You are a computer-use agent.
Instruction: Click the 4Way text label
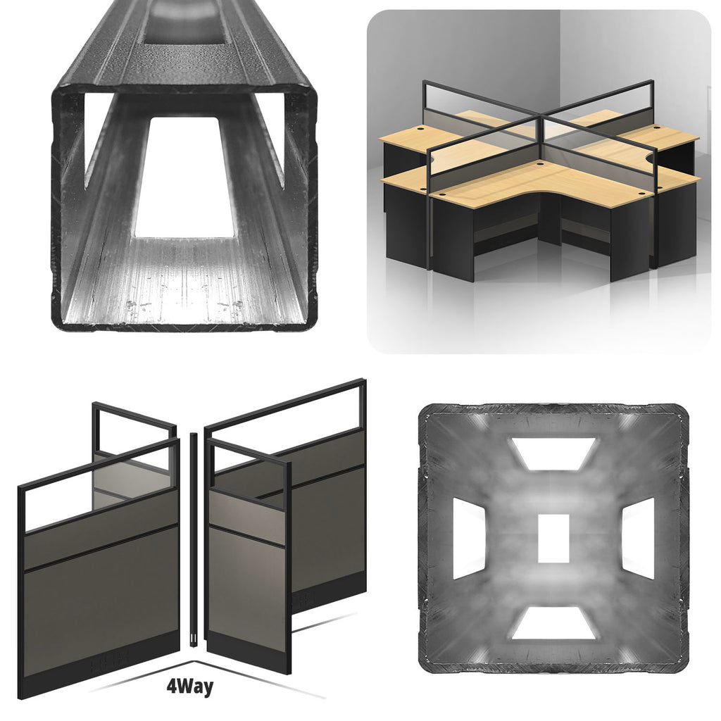coord(190,687)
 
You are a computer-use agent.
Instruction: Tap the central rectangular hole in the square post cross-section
coord(553,538)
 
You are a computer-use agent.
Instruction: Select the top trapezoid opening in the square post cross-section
coord(553,454)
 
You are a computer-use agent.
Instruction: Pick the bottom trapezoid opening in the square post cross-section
coord(553,623)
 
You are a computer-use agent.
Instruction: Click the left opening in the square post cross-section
coord(469,539)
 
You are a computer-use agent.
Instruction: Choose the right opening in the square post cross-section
coord(638,539)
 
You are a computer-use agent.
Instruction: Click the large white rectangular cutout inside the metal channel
coord(184,177)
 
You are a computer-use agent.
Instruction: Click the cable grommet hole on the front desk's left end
coord(442,194)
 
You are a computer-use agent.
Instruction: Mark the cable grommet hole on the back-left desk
coord(422,130)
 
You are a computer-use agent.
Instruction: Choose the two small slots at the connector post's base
coord(194,639)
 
